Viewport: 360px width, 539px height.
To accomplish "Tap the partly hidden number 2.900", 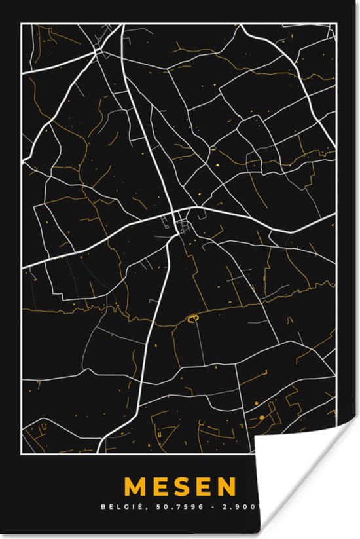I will point(245,506).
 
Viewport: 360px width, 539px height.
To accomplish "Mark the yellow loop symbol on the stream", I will point(193,319).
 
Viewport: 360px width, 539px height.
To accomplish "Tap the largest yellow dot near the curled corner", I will point(261,417).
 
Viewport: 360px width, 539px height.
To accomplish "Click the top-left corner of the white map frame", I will point(22,24).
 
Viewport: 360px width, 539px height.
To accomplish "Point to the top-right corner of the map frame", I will point(336,24).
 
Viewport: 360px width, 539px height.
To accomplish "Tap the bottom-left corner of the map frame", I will point(22,452).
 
